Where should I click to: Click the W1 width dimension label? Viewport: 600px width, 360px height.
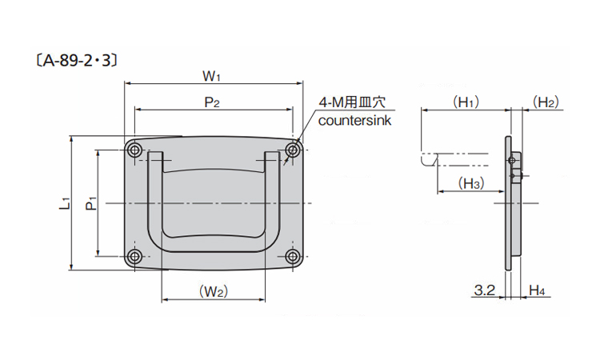pos(211,77)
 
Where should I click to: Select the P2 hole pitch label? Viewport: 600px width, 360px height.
pos(212,102)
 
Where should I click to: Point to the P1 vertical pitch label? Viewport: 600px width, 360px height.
pos(92,203)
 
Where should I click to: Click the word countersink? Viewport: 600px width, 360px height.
pos(353,121)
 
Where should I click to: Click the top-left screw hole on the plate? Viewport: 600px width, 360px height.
pos(134,150)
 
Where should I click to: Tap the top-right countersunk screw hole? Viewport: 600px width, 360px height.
pos(294,150)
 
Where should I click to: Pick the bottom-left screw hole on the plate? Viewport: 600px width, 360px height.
pos(134,257)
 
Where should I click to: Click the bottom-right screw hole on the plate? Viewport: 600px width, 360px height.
pos(294,257)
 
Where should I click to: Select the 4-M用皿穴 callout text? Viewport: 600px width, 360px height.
pos(352,102)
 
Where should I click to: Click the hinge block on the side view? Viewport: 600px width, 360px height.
pos(515,168)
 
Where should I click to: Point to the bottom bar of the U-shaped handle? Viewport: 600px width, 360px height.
pos(214,241)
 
